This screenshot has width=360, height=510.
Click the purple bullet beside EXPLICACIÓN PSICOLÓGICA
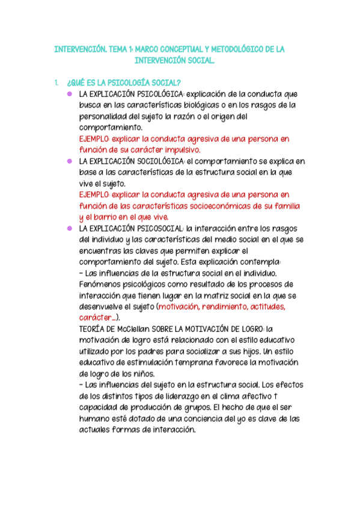[x=70, y=94]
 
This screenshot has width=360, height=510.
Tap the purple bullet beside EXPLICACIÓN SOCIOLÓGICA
[x=70, y=161]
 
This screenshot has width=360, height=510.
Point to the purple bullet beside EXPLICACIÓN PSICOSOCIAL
[x=70, y=229]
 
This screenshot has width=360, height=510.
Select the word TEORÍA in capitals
[x=93, y=329]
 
